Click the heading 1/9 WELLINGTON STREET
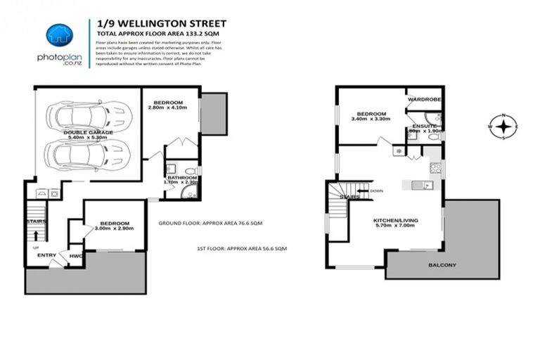pyautogui.click(x=151, y=23)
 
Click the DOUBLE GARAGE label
pyautogui.click(x=84, y=131)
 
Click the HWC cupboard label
pyautogui.click(x=76, y=256)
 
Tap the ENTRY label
pyautogui.click(x=47, y=255)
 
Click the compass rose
pyautogui.click(x=503, y=127)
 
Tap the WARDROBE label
pyautogui.click(x=424, y=100)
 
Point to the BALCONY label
pyautogui.click(x=441, y=265)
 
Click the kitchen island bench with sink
pyautogui.click(x=419, y=185)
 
